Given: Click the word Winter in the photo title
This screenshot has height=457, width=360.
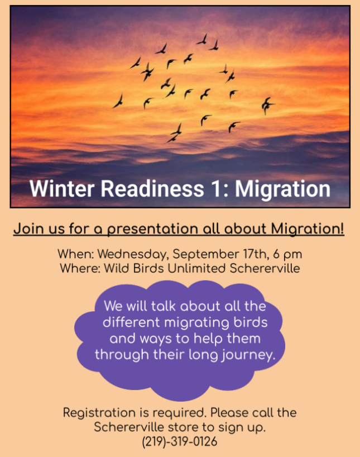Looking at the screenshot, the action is pyautogui.click(x=62, y=189).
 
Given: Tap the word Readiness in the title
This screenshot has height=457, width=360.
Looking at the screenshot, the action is pyautogui.click(x=152, y=189).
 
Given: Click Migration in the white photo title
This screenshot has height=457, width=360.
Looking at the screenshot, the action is pyautogui.click(x=282, y=189).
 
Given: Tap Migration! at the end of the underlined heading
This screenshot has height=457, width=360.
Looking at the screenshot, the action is pyautogui.click(x=308, y=229).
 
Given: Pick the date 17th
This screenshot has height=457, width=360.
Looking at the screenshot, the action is pyautogui.click(x=255, y=254).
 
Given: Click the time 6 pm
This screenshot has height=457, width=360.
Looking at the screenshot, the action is pyautogui.click(x=287, y=254).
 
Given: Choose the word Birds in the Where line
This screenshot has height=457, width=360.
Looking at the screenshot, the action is pyautogui.click(x=148, y=268).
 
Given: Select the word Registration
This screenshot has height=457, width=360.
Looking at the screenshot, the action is pyautogui.click(x=99, y=413).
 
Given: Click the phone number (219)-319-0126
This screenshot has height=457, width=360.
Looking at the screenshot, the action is pyautogui.click(x=180, y=441).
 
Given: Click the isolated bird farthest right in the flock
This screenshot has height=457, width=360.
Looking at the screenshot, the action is pyautogui.click(x=267, y=106).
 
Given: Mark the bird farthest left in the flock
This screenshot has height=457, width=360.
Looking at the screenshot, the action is pyautogui.click(x=118, y=101).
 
